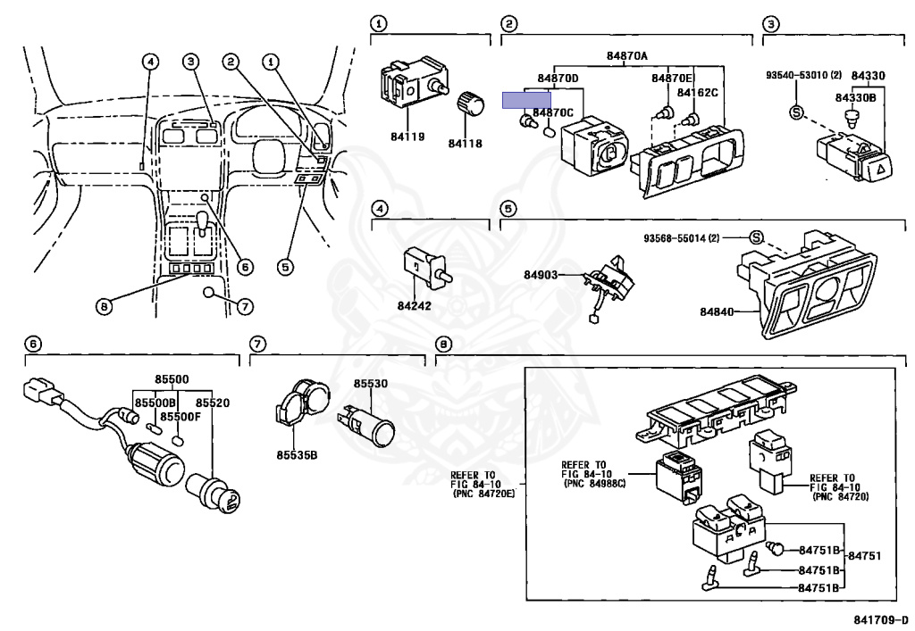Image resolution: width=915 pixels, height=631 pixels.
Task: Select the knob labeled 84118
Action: click(470, 104)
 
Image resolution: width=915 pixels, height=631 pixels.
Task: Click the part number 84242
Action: click(414, 305)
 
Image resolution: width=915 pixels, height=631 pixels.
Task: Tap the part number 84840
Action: click(718, 311)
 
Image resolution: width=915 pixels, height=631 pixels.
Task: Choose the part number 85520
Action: click(213, 403)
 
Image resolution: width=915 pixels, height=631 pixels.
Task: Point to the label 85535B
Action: click(297, 455)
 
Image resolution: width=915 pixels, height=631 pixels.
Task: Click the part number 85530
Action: click(370, 384)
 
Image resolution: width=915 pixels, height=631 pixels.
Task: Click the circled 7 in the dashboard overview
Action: click(245, 306)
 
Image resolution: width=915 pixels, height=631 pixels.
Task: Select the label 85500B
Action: click(155, 403)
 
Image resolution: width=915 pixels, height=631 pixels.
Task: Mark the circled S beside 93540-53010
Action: click(795, 112)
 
